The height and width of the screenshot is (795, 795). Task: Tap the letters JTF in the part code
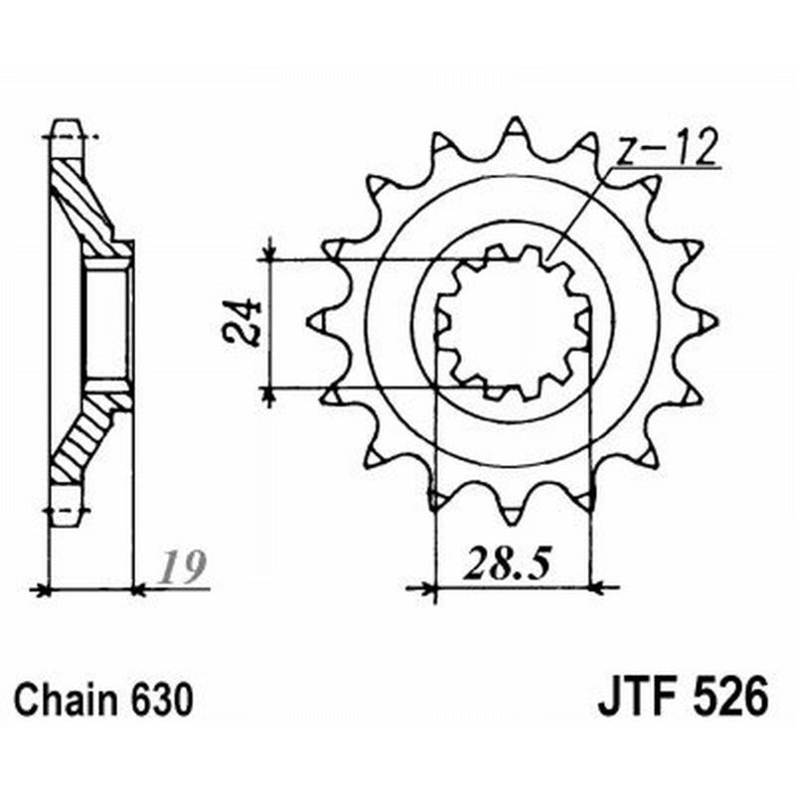(x=632, y=697)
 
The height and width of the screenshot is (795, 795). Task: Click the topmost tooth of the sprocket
(x=514, y=130)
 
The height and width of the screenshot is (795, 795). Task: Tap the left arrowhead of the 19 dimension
(x=43, y=589)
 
